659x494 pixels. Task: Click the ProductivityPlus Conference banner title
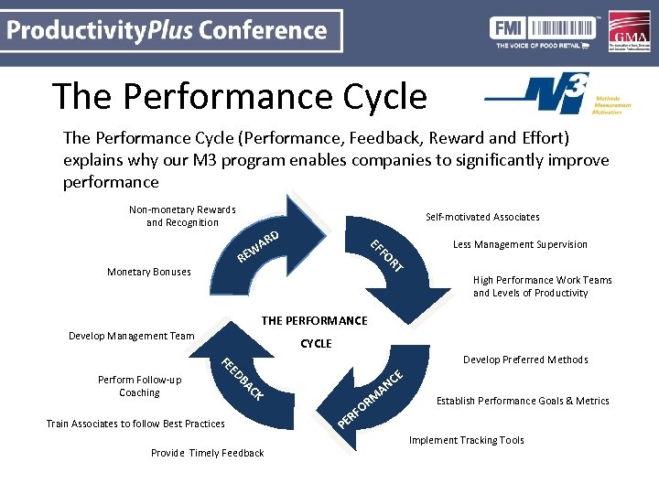167,31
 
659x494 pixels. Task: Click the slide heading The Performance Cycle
239,96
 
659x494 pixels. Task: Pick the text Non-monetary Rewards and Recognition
182,216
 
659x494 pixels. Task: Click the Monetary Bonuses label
149,272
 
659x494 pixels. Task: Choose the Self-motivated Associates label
482,217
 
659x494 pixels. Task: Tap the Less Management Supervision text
520,244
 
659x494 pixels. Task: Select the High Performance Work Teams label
542,286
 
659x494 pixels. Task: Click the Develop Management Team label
132,336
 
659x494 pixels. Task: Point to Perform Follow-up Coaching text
139,386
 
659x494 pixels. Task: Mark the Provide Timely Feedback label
207,453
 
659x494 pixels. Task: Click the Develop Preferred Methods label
525,360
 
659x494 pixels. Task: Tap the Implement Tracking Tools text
466,440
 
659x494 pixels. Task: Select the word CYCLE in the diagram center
316,344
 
